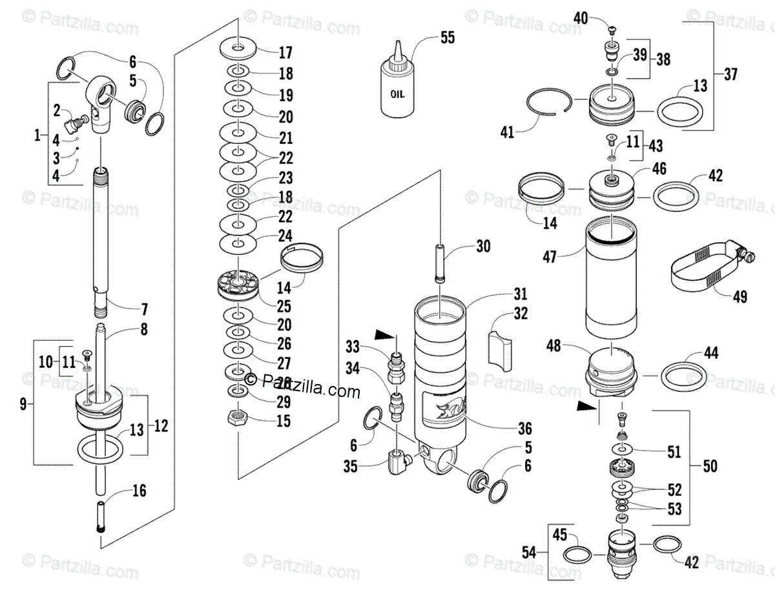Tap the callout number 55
coord(448,37)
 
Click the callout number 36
coord(524,428)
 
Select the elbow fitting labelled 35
coord(397,462)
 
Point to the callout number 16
coord(139,491)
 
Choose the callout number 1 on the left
coord(37,136)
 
